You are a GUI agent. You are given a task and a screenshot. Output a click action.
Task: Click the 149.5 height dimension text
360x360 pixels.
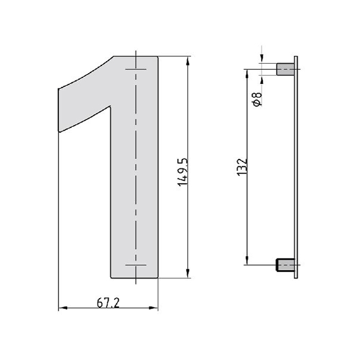pos(183,172)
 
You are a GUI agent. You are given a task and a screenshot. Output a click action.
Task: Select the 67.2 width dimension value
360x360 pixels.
pos(108,303)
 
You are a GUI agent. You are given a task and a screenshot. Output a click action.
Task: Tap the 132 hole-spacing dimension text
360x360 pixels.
pos(242,167)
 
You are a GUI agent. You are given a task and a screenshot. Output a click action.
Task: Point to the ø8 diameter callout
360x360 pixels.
pos(257,99)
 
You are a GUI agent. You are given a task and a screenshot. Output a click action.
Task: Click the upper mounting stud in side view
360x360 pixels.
pos(286,70)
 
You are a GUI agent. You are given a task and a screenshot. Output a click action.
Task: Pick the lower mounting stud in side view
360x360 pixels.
pos(285,265)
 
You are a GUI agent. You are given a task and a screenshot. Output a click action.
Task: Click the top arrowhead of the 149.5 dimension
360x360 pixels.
pos(188,62)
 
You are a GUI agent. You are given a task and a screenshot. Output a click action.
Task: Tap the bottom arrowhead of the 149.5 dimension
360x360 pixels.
pos(188,273)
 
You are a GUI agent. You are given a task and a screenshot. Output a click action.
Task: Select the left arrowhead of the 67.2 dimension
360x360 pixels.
pos(64,308)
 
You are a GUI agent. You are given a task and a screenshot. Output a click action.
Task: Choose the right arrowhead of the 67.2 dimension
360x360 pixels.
pos(153,308)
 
